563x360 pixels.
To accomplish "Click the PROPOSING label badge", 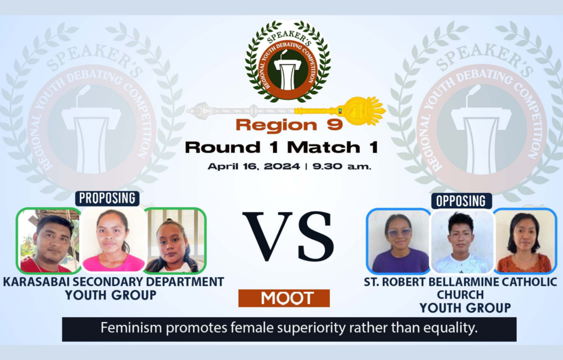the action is click(x=107, y=198).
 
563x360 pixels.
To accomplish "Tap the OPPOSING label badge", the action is click(x=461, y=201).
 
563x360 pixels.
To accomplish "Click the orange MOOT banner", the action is click(x=284, y=298).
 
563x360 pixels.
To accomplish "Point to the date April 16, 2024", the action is click(x=253, y=167).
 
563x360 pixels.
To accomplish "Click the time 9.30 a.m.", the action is click(x=341, y=167).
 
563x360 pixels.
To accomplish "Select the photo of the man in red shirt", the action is click(x=48, y=241).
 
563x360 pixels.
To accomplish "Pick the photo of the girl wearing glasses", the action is click(x=399, y=241).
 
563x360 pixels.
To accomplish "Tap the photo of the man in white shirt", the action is click(x=462, y=241).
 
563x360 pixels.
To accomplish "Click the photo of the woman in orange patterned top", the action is click(x=525, y=241).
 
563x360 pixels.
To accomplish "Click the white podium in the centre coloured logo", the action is click(x=287, y=72).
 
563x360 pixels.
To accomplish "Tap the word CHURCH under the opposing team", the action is click(x=460, y=295).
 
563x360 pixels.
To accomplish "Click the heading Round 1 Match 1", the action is click(x=281, y=147).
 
